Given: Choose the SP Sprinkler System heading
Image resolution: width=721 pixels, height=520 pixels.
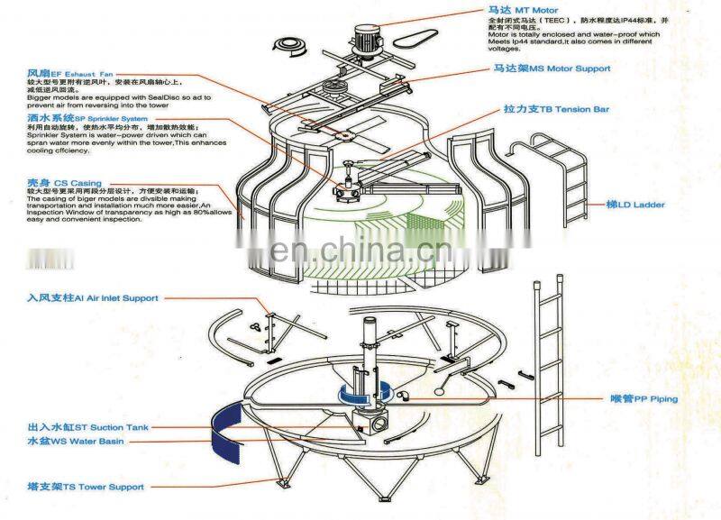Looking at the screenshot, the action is (x=87, y=117).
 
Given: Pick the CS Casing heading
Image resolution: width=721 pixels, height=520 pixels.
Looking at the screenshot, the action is (x=64, y=183).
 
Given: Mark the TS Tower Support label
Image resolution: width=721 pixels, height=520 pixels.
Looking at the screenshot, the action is (x=85, y=487).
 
